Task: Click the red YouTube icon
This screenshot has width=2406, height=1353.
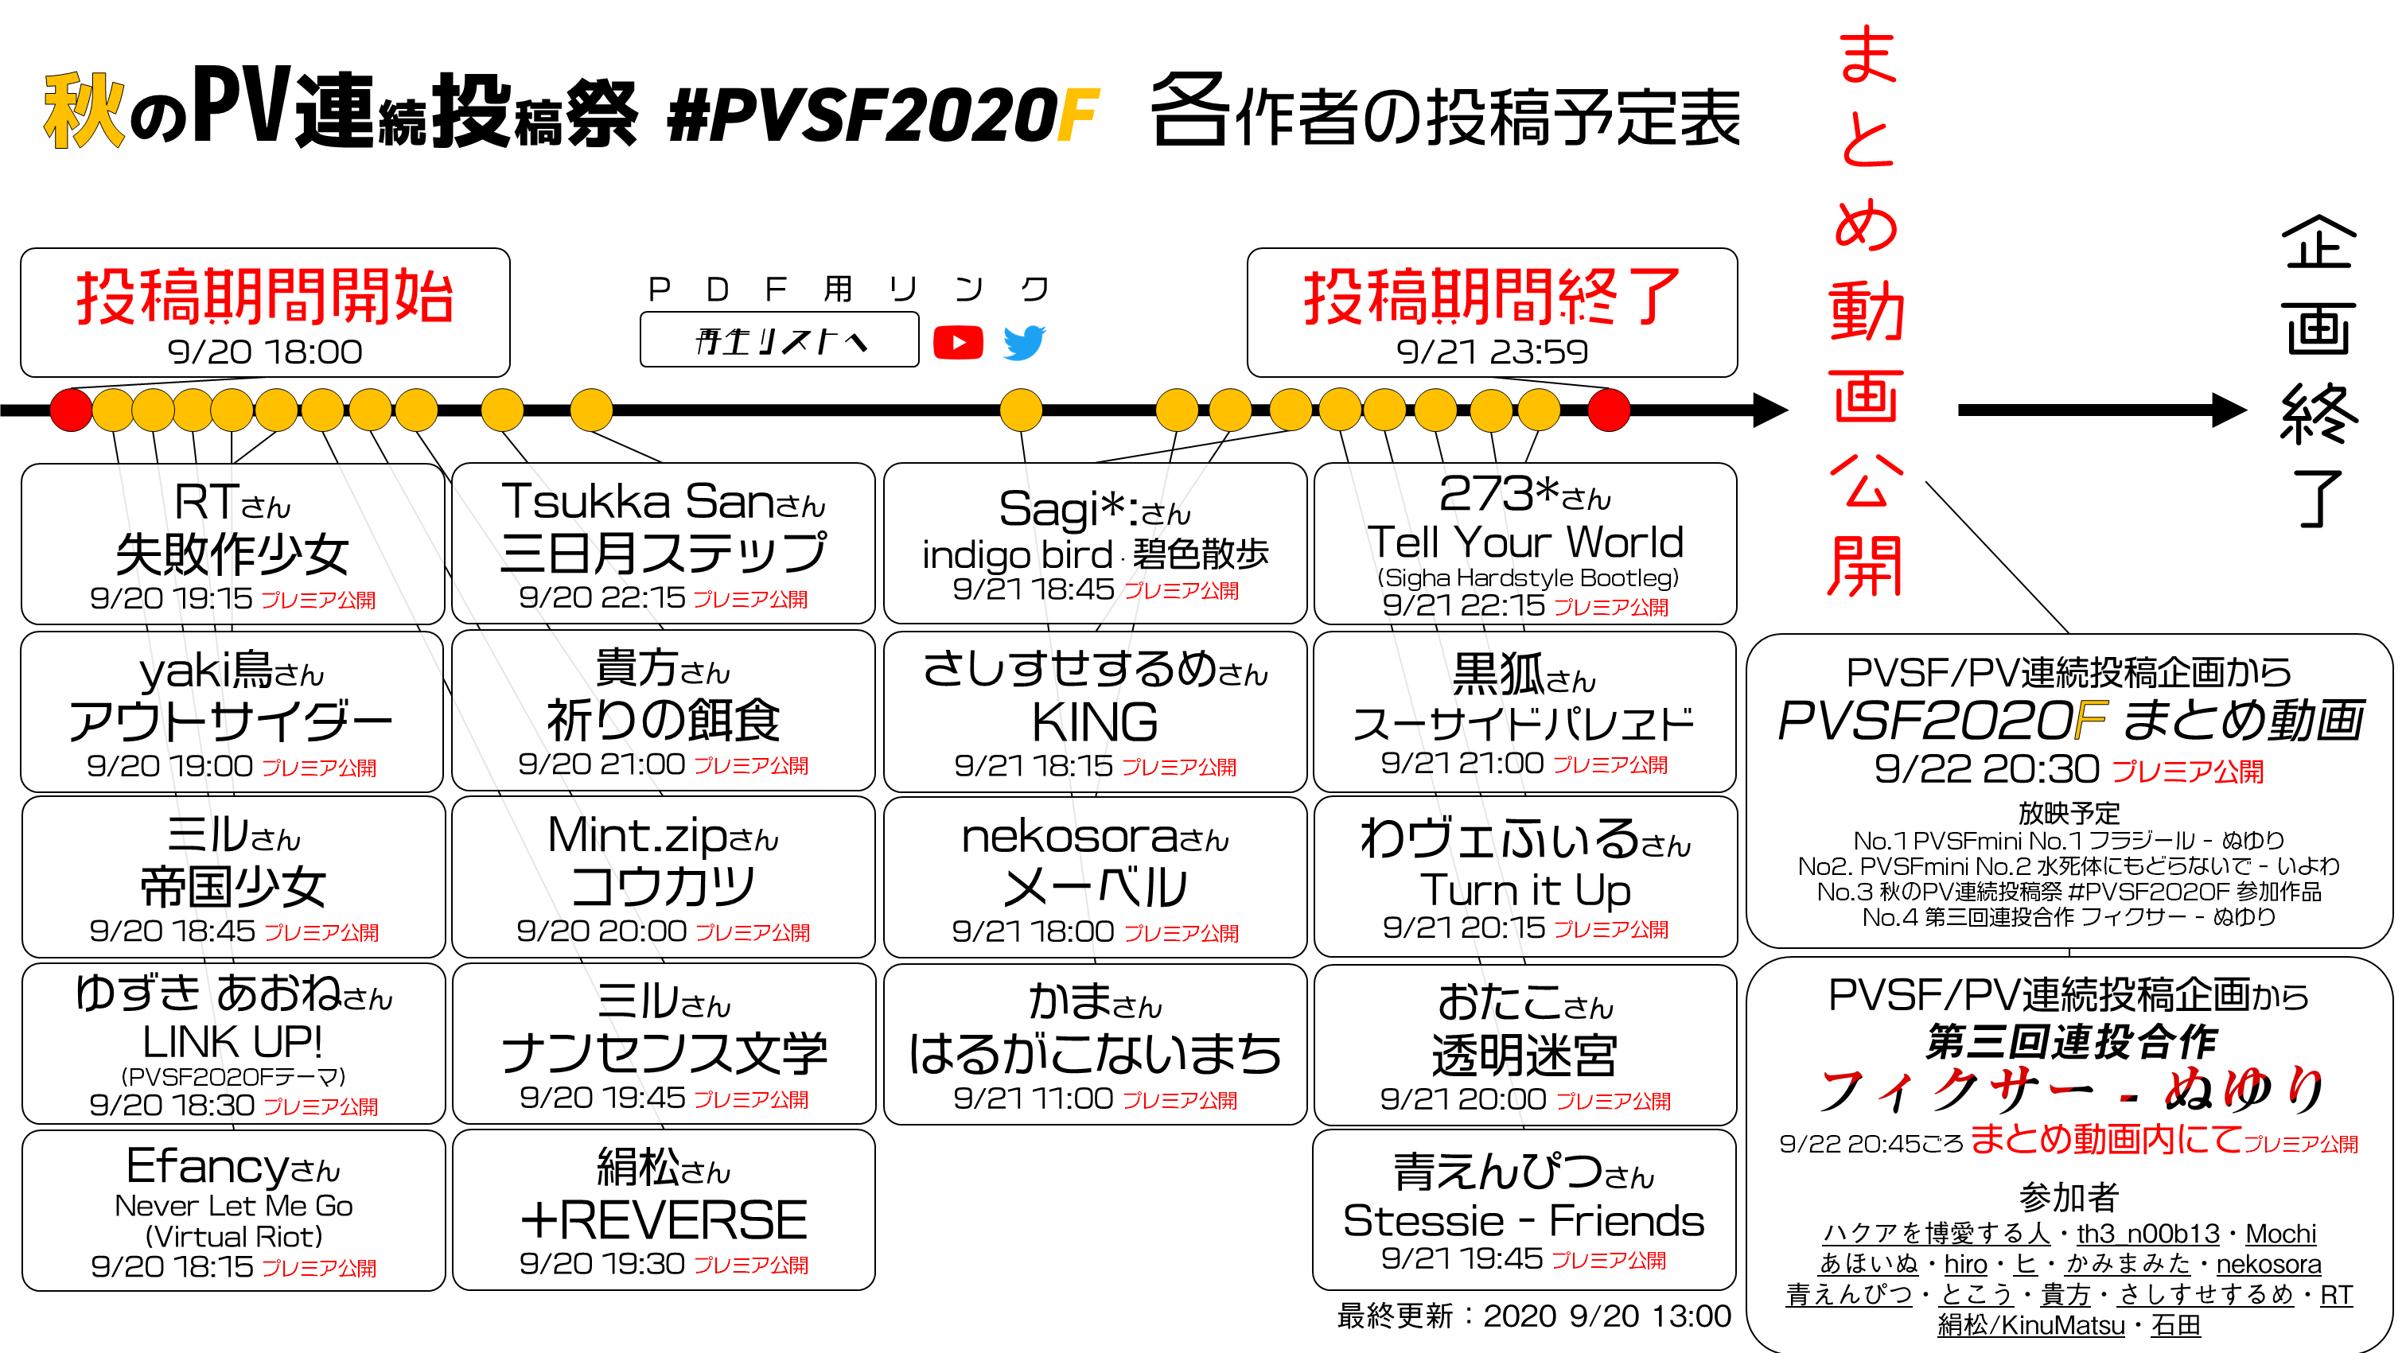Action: pos(957,343)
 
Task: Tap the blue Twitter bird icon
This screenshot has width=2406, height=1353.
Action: pos(1024,343)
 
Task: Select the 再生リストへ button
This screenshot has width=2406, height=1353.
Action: pos(779,340)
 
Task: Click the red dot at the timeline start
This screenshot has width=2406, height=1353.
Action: pos(71,410)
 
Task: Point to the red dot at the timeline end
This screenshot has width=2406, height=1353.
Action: pos(1608,410)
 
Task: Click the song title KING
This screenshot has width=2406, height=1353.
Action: pos(1095,721)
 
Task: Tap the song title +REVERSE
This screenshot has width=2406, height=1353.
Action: pos(663,1219)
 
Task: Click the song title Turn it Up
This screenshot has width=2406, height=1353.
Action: pos(1525,890)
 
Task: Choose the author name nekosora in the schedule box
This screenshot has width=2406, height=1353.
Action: pos(1069,837)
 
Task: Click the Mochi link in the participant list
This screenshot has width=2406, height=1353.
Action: pos(2280,1234)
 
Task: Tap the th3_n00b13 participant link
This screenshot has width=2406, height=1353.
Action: pos(2147,1234)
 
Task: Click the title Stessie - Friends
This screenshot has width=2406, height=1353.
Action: pos(1524,1220)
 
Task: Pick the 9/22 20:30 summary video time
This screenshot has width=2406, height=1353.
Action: pos(1987,769)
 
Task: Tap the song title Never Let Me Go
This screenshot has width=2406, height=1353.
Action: pos(233,1206)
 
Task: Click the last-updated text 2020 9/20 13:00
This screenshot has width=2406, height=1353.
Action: pos(1606,1316)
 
